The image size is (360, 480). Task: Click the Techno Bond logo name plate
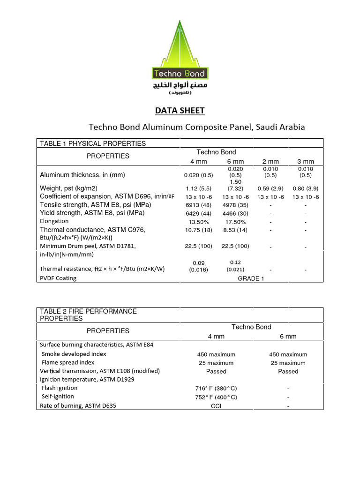[x=180, y=74]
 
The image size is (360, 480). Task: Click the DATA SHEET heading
[x=180, y=111]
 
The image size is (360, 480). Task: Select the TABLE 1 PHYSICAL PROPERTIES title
[x=93, y=143]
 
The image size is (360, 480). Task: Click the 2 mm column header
[x=270, y=162]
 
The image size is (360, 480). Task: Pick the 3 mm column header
[x=306, y=162]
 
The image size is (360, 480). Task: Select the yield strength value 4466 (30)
[x=235, y=213]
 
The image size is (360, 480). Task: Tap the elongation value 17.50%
[x=235, y=222]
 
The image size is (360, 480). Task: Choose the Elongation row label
[x=54, y=221]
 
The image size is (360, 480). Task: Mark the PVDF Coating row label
[x=58, y=278]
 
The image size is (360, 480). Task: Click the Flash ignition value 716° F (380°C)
[x=216, y=389]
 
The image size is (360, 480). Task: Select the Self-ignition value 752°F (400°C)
[x=216, y=397]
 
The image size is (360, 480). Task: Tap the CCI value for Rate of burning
[x=216, y=406]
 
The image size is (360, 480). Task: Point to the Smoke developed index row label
[x=74, y=354]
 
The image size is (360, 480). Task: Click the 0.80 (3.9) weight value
[x=306, y=188]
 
